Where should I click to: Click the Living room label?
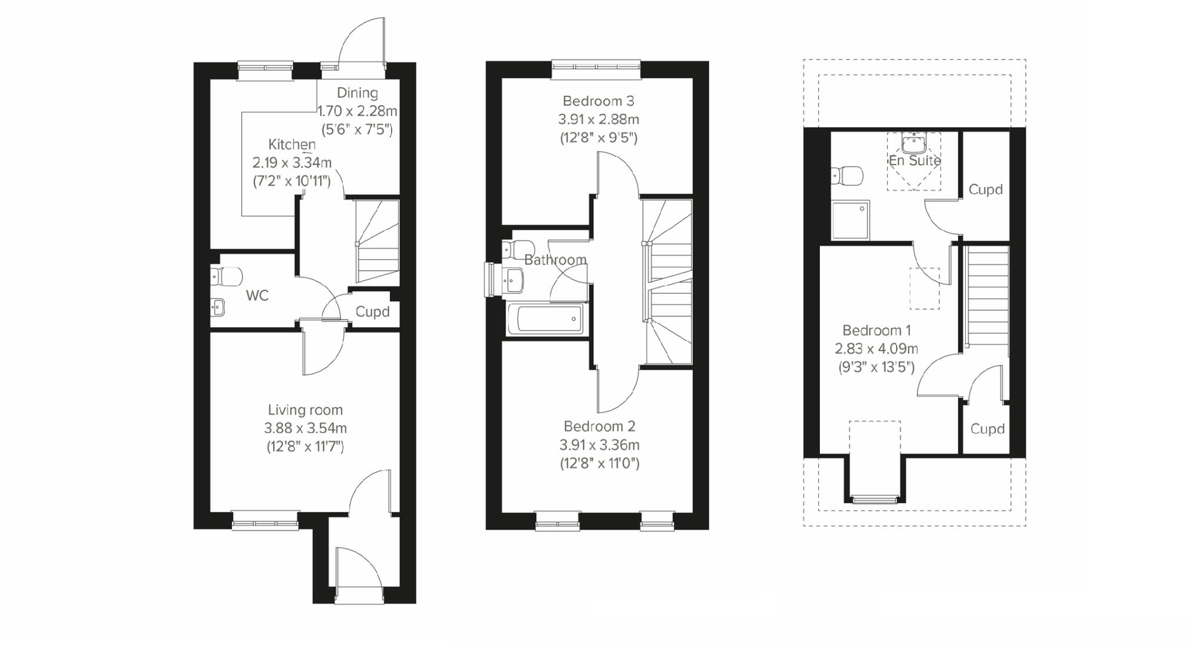(x=305, y=410)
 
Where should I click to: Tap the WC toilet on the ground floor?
(x=227, y=277)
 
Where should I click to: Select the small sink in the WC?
(x=218, y=307)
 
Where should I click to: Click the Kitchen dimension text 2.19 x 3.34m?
(x=292, y=163)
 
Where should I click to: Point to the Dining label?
(x=357, y=93)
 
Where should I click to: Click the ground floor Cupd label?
(x=372, y=312)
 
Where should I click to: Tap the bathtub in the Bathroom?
(x=544, y=319)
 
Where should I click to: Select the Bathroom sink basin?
(x=514, y=281)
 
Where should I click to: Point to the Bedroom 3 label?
(x=598, y=101)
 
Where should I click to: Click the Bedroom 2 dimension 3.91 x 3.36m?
(x=599, y=445)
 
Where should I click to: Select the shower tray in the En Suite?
(x=850, y=220)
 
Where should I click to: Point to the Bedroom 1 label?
(x=876, y=331)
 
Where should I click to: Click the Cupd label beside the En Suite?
(x=985, y=189)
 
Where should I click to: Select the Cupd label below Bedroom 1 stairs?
(x=987, y=429)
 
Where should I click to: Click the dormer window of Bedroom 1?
(x=874, y=498)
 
